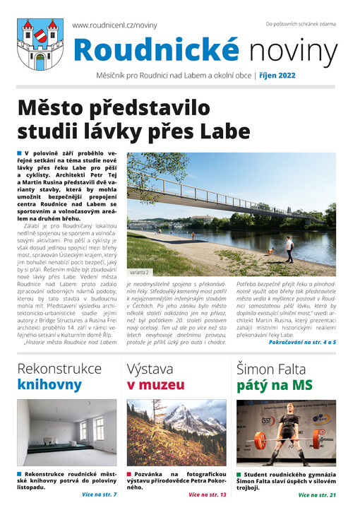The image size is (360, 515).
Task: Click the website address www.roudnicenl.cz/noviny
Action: (115, 25)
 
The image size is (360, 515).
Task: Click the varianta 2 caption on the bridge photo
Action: (140, 271)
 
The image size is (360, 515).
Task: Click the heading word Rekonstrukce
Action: (59, 368)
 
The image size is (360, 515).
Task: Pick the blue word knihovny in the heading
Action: (49, 385)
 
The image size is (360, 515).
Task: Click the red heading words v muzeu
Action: (156, 385)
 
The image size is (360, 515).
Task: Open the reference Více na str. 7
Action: (100, 495)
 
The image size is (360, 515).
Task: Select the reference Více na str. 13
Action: (208, 495)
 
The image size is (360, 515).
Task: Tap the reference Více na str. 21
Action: (317, 495)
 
